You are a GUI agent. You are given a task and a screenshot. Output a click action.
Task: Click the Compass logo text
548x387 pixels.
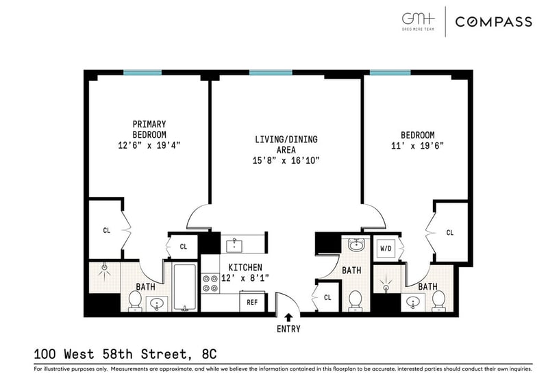coord(493,22)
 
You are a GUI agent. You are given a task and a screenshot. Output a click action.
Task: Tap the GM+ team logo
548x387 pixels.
coord(418,21)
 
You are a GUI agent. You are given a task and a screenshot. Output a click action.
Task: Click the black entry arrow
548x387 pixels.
coord(288,317)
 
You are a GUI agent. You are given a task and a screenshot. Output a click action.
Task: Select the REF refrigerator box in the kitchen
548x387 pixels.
coord(252,302)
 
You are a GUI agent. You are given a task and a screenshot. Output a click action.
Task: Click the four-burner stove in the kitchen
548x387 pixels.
coord(210,283)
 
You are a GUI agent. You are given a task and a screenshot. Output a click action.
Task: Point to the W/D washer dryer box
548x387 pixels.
coord(386,249)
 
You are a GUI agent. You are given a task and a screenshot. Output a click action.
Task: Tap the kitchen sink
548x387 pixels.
coord(235,245)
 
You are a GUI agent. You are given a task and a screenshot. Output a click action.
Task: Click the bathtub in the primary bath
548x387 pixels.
coord(184,288)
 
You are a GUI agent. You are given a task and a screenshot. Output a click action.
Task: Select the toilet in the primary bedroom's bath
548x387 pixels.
coord(134,301)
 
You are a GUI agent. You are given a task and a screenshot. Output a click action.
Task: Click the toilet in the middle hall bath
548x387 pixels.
coord(356,301)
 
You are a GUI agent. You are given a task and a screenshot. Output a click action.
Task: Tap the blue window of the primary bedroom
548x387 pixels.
coord(142,73)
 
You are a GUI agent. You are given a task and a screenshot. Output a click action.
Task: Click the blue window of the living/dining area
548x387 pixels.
coord(271,73)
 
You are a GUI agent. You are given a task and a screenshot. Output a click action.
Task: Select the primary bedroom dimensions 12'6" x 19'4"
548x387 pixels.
coord(149,145)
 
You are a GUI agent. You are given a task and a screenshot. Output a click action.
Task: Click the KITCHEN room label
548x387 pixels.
coord(245,267)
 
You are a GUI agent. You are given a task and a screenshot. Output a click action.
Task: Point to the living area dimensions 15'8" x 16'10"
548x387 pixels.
coord(286,160)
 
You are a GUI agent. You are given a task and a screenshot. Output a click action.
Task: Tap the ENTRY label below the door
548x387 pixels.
coord(288,329)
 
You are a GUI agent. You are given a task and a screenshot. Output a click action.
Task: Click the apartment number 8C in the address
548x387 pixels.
coord(209,354)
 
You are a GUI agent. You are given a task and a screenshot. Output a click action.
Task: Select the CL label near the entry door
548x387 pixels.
coord(327,297)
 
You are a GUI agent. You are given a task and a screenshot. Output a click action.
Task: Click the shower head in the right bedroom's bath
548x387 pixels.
coord(386,283)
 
